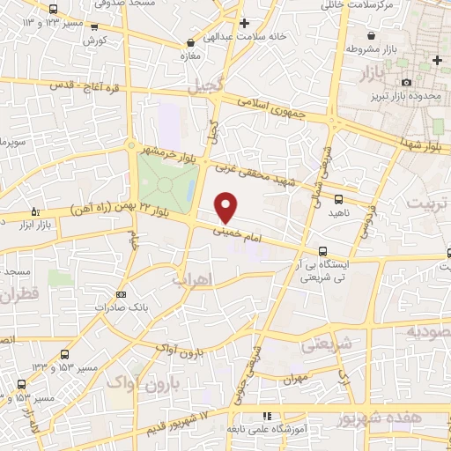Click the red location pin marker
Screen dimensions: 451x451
click(226, 206)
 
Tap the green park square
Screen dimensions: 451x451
click(166, 181)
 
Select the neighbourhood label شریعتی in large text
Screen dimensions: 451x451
click(327, 344)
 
